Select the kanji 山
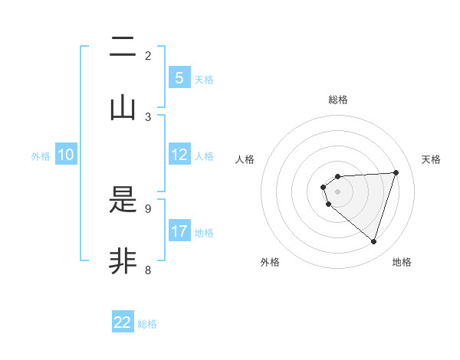pos(123,108)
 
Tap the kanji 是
pos(123,201)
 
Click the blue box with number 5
pos(179,77)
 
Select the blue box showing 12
pos(179,155)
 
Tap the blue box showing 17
pos(179,231)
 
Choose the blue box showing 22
pos(123,322)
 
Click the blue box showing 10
pos(66,155)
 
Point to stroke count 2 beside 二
pos(148,55)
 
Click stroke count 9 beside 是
pos(148,208)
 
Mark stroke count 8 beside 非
pos(148,270)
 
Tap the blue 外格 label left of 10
pos(41,155)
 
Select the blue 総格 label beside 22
pos(147,323)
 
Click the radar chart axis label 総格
pos(338,100)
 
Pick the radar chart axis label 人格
pos(245,159)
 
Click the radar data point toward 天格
pos(396,172)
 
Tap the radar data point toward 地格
pos(373,241)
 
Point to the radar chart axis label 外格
pos(270,262)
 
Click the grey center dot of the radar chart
pos(337,191)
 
